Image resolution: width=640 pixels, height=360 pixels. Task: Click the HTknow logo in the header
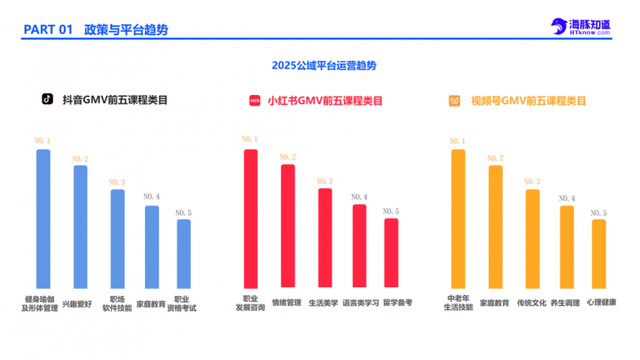(580, 27)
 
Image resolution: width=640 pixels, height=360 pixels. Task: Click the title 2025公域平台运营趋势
(319, 65)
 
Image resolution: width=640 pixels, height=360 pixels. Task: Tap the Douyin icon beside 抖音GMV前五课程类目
(47, 101)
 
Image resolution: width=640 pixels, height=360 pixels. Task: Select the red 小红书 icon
(254, 101)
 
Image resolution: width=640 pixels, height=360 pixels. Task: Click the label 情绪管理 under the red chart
(286, 303)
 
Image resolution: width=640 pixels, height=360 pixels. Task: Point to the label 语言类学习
(361, 303)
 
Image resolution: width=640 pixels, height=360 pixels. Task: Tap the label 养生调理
(565, 303)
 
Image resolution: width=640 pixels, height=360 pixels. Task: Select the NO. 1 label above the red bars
(250, 140)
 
